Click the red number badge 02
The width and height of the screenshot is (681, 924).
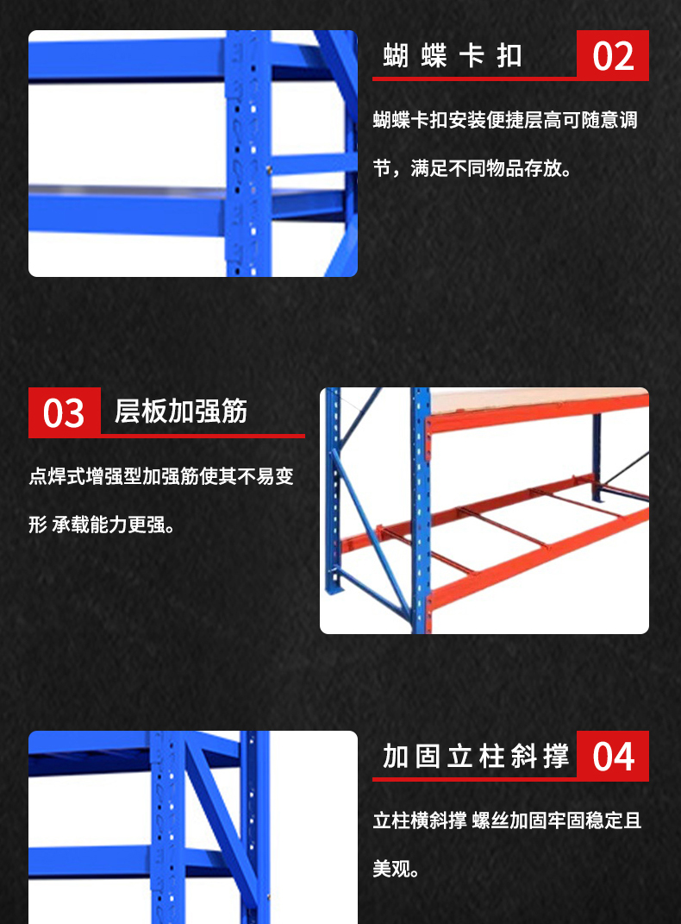tap(613, 55)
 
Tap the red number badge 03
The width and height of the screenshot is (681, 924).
tap(64, 412)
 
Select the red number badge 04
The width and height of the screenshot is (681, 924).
tap(613, 756)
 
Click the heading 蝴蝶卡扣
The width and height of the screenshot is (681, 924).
tap(452, 56)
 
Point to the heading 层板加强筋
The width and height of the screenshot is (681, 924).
tap(181, 411)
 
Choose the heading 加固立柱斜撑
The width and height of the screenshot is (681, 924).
tap(476, 756)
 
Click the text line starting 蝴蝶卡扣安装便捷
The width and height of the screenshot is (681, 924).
tap(505, 120)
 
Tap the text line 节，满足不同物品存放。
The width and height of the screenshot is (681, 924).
tap(472, 168)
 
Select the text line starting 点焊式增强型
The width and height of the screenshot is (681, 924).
tap(160, 476)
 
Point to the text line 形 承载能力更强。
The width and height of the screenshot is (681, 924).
tap(102, 525)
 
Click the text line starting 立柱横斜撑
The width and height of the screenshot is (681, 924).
tap(507, 820)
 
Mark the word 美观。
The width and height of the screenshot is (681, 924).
tap(396, 869)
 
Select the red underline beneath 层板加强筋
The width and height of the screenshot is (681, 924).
tap(166, 436)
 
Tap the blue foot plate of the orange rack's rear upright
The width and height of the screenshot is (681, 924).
tap(334, 588)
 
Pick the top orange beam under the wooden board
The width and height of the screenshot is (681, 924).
tap(539, 412)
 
